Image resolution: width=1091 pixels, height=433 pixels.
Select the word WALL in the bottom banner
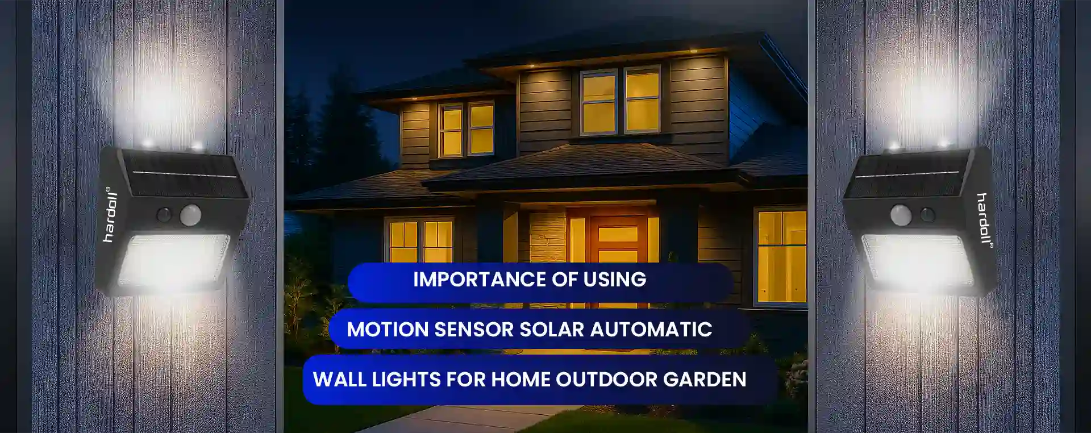339,380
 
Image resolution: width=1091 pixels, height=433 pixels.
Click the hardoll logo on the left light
110,214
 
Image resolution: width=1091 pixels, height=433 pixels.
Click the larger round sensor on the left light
190,215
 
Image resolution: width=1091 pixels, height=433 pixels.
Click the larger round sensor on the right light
901,215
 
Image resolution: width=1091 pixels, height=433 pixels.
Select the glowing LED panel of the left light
173,263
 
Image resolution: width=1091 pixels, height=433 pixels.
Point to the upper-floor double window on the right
621,101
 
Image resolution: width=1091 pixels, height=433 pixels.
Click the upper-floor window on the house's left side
467,130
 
